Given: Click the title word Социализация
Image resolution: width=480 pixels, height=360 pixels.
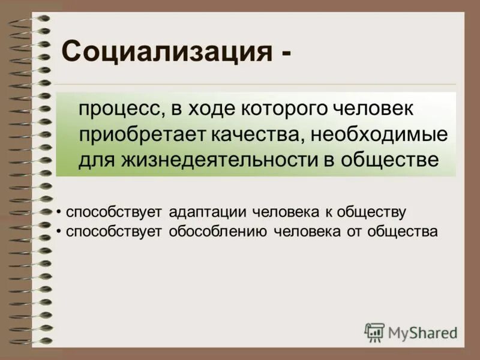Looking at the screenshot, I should pyautogui.click(x=164, y=52).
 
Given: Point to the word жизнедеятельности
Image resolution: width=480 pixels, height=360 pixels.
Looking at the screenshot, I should pyautogui.click(x=230, y=160).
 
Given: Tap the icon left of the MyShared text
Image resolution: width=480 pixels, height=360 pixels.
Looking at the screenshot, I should pyautogui.click(x=374, y=332).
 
